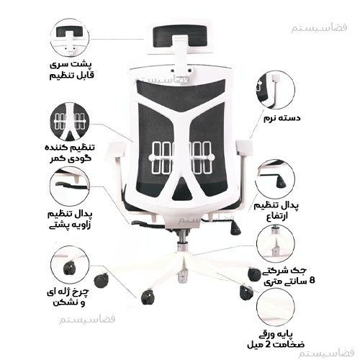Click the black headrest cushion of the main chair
pos(180,36)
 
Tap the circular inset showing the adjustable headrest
pos(70,37)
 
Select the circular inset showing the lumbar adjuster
pos(70,122)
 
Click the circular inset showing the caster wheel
pos(70,265)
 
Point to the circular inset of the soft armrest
pos(275,90)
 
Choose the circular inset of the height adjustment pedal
pos(275,179)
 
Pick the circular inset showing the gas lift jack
pos(275,243)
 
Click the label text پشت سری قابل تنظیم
pos(71,70)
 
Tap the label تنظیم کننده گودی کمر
pos(70,153)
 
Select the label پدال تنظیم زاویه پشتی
pos(70,220)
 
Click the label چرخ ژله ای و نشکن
pos(68,297)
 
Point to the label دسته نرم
pos(282,118)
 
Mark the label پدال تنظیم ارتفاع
pos(276,211)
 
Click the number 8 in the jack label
pos(312,280)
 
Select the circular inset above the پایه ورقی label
pos(276,307)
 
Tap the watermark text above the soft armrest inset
pos(319,28)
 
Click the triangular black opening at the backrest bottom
pos(182,190)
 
